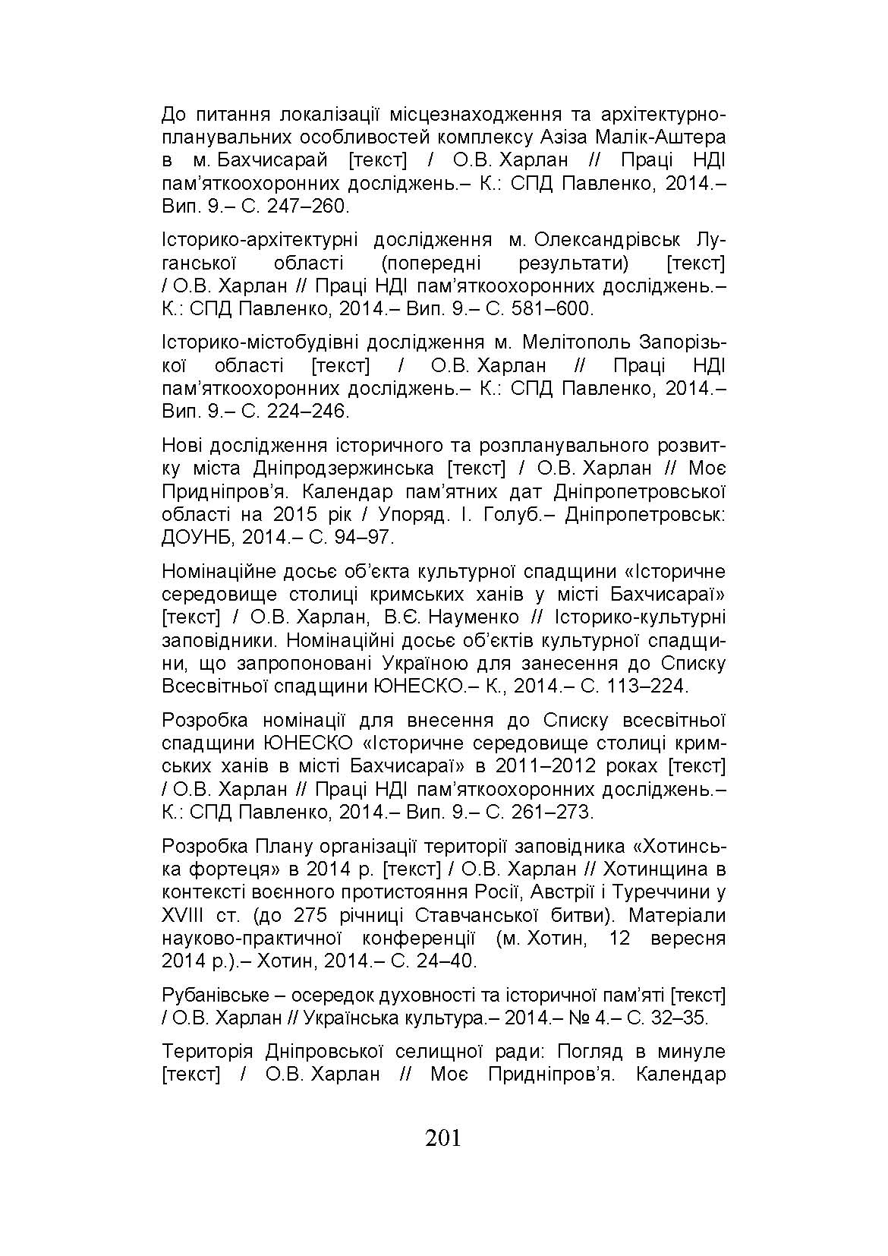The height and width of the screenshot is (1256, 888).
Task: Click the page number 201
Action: [x=443, y=1138]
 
